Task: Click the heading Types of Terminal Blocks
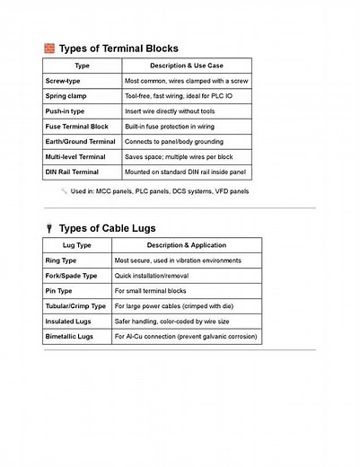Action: (119, 48)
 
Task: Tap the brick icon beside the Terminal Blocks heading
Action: (49, 48)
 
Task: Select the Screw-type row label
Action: (63, 81)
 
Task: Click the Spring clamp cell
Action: (66, 96)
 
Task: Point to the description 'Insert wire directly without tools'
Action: (171, 111)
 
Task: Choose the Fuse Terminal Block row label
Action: (76, 127)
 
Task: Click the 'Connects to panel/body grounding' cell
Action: (175, 141)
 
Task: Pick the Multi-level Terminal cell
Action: (75, 156)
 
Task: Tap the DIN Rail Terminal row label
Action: (73, 172)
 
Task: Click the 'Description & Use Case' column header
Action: (186, 66)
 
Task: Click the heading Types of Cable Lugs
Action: (107, 228)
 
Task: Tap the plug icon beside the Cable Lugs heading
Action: (49, 228)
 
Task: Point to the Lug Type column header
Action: (77, 244)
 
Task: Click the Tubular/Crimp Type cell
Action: (75, 306)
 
